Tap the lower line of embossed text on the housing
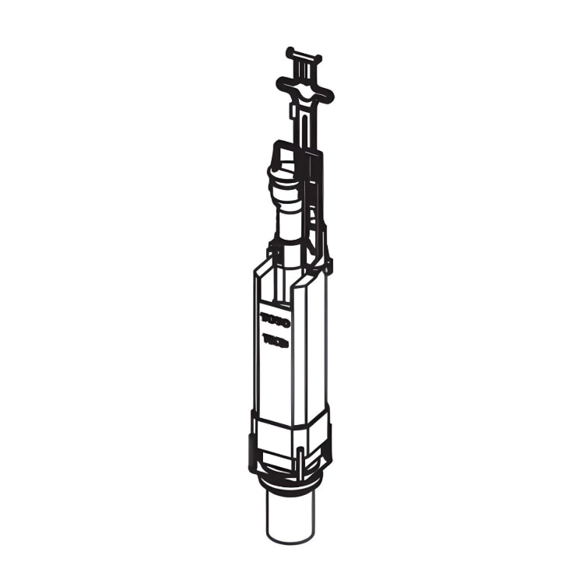(x=275, y=341)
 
